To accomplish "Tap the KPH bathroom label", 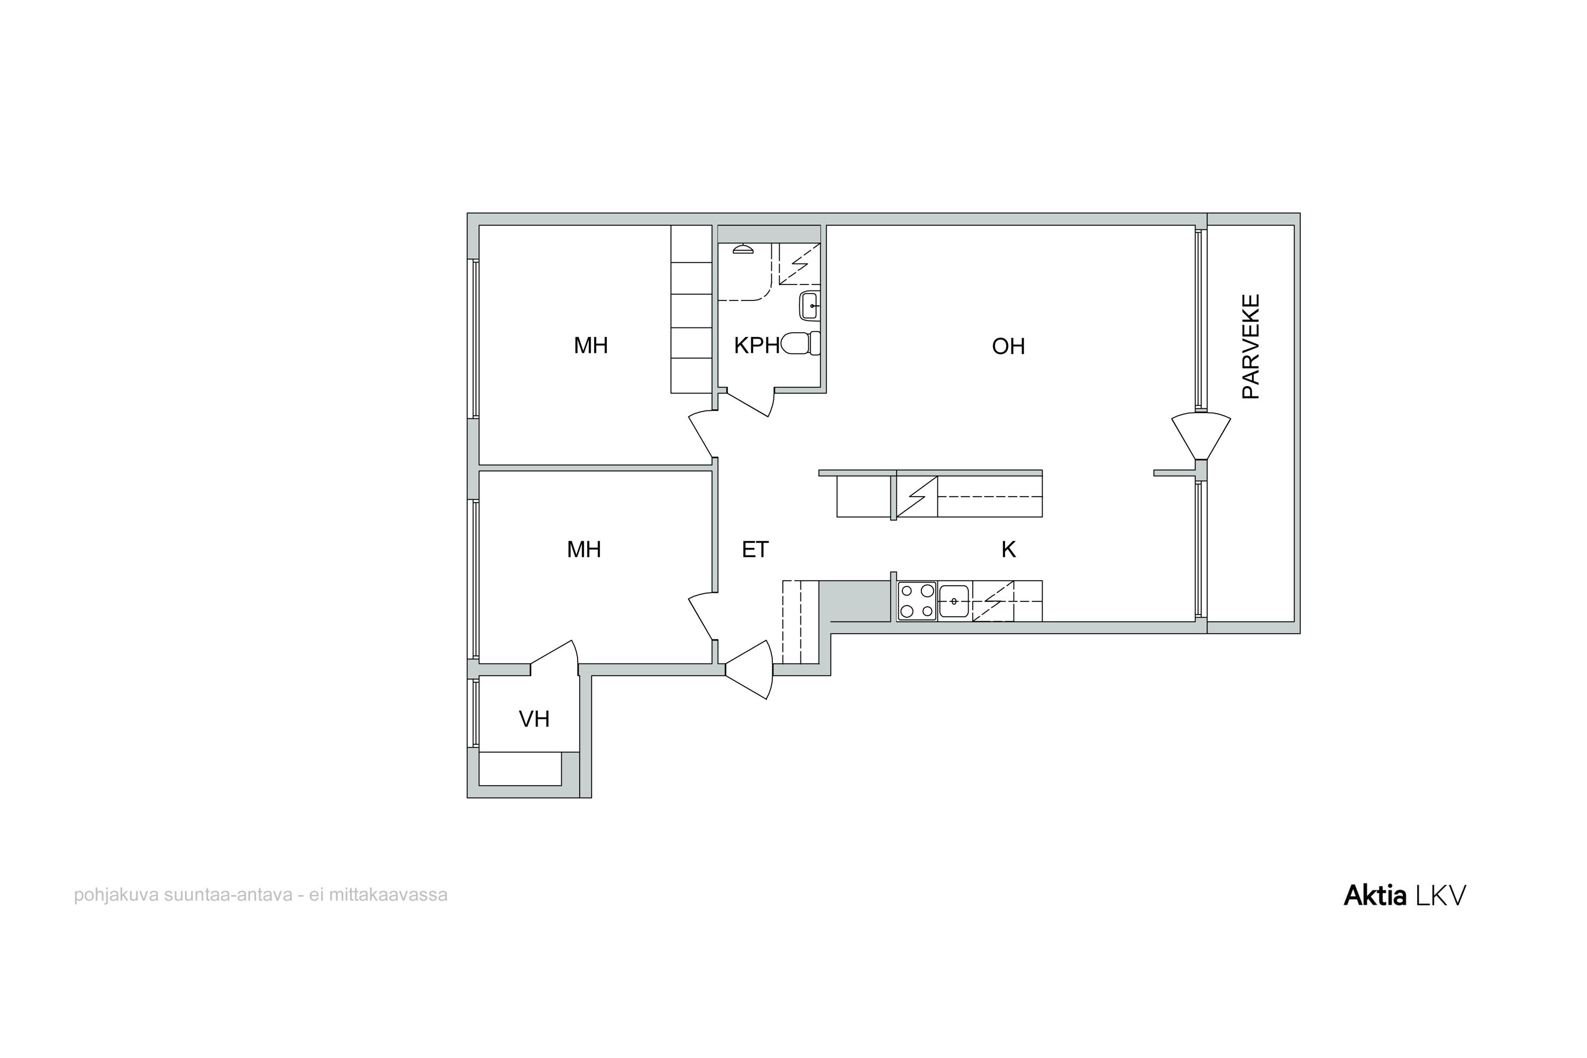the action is coord(756,346).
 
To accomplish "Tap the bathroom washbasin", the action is coord(810,306).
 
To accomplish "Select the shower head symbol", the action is coord(743,249).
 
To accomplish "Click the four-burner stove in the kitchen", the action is coord(917,601).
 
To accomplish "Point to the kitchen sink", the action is coord(953,601).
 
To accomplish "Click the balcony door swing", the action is coord(1201,436).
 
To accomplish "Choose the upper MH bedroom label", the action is coord(590,346).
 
